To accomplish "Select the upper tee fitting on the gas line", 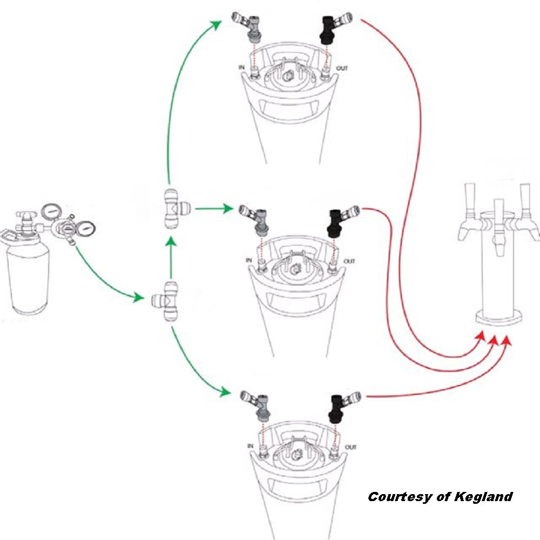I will tap(171, 208).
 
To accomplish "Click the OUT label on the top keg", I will tap(342, 69).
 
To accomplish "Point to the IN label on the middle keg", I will tap(249, 261).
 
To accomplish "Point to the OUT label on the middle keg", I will tap(350, 261).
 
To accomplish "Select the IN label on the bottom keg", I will tap(249, 447).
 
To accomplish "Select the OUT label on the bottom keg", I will tap(350, 447).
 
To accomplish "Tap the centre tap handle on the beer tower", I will tap(498, 213).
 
